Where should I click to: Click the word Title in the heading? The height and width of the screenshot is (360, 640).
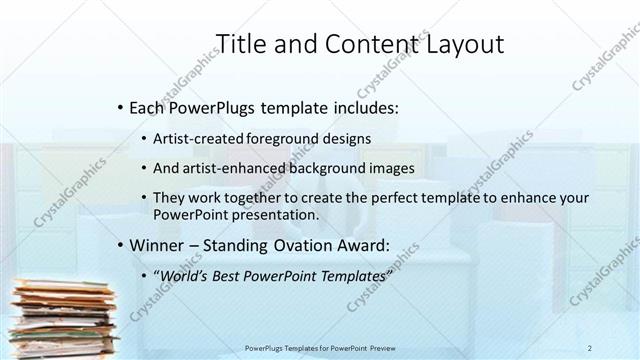(240, 43)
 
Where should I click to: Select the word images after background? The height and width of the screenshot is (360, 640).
(390, 168)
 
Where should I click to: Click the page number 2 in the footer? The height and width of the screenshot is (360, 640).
(590, 349)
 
